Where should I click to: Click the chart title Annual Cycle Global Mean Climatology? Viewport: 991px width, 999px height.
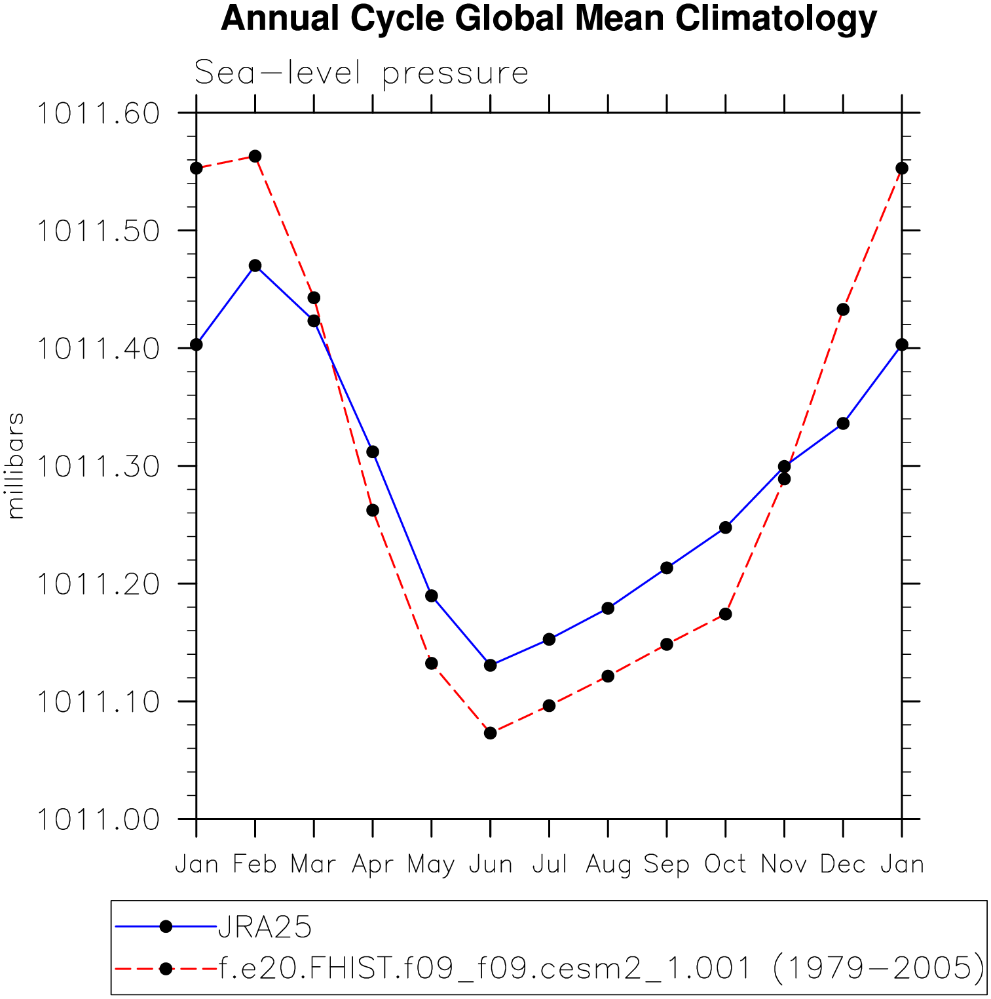pos(548,19)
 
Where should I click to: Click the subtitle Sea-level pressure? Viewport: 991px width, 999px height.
pos(361,73)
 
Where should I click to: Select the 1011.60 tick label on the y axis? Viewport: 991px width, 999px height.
pos(98,113)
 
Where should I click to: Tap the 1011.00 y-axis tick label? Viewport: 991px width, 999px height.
pos(98,819)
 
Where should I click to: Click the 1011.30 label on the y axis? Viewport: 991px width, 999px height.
pos(98,466)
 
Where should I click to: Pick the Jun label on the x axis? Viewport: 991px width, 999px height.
pos(490,865)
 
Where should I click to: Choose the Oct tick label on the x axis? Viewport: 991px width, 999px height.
pos(725,865)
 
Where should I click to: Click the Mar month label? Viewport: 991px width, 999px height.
pos(313,865)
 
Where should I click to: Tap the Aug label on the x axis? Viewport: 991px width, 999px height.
pos(608,865)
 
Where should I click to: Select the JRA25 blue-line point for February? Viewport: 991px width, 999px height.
pos(255,265)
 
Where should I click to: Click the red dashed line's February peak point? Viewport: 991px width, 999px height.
pos(255,156)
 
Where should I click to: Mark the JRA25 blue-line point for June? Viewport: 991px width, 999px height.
pos(490,665)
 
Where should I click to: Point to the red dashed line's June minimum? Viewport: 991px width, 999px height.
pos(490,733)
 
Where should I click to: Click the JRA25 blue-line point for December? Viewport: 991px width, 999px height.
pos(843,423)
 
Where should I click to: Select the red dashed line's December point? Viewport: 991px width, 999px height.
pos(843,309)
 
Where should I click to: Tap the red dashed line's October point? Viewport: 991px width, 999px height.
pos(725,614)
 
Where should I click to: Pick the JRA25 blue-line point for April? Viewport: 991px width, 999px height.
pos(373,452)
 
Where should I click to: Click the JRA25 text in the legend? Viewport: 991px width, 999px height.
pos(265,927)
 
